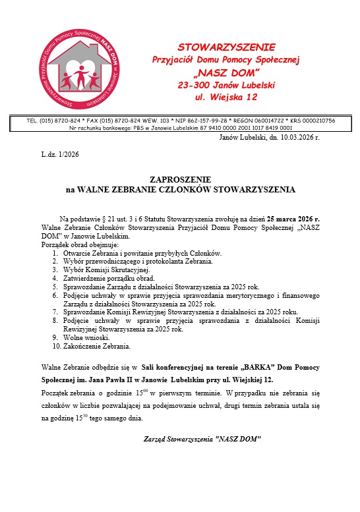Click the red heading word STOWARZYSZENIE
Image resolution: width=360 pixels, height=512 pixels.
click(x=227, y=47)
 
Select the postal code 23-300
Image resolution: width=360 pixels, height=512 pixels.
click(x=195, y=85)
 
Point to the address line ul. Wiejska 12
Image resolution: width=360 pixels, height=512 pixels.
click(x=227, y=98)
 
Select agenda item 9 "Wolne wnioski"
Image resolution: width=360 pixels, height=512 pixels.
click(x=90, y=337)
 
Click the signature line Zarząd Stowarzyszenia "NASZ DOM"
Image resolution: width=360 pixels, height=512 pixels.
click(x=203, y=438)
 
